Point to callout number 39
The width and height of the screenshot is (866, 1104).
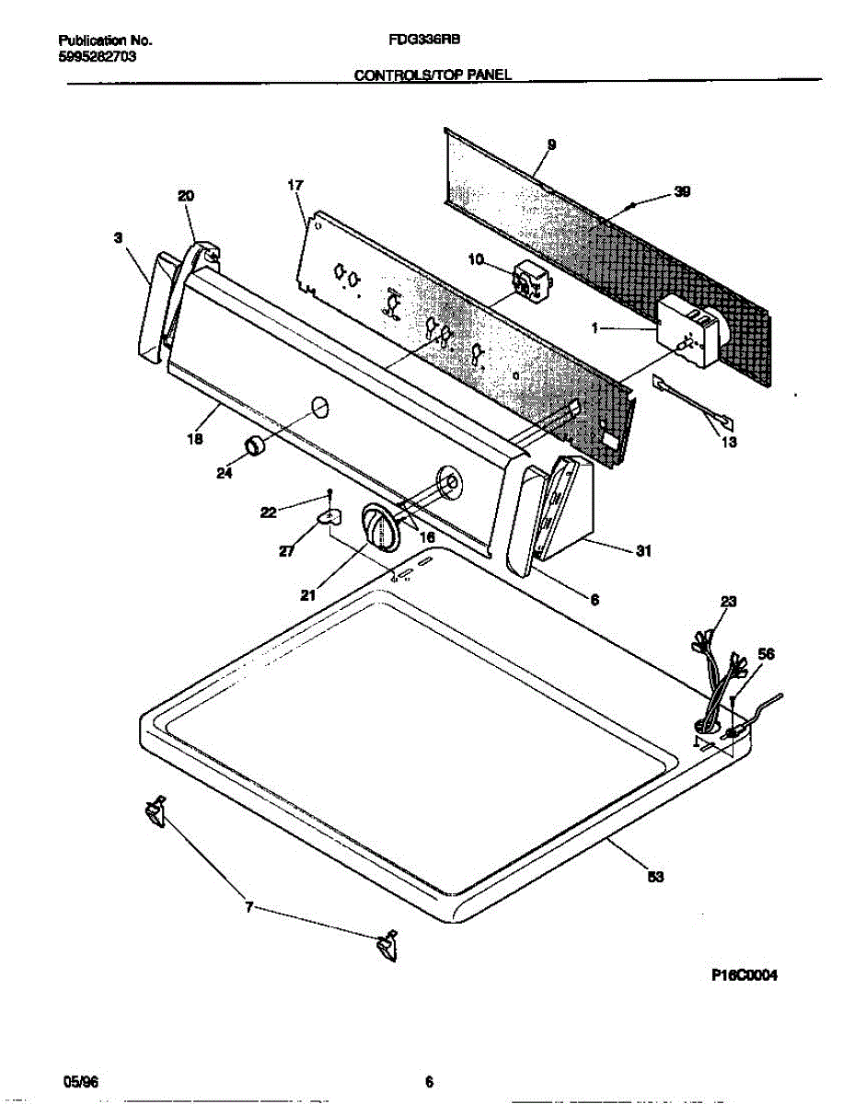[x=681, y=191]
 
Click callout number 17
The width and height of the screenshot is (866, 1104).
[x=294, y=186]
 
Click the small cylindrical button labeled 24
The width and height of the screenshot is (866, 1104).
[x=255, y=448]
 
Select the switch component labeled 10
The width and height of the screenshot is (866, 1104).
[x=527, y=278]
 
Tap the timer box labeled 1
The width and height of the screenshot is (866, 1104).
[x=687, y=331]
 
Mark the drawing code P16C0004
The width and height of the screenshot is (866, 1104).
[x=745, y=977]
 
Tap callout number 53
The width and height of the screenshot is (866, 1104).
[x=655, y=877]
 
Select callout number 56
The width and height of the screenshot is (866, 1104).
[x=766, y=653]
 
